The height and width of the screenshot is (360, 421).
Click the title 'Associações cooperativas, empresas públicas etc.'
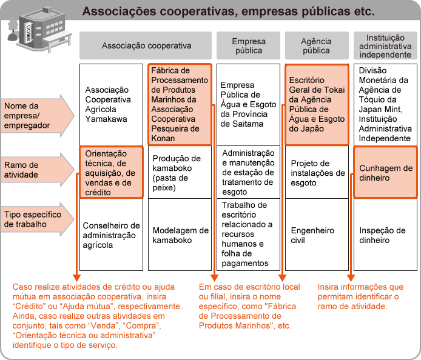(228, 11)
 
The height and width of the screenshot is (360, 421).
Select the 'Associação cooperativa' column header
(146, 45)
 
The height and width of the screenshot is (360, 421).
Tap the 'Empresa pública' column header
(248, 46)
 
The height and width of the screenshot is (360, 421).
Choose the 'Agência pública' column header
(316, 46)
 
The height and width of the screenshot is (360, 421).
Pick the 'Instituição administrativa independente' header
(385, 46)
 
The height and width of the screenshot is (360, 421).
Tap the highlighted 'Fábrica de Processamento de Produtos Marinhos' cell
(180, 104)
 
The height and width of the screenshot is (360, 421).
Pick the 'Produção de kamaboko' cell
(180, 172)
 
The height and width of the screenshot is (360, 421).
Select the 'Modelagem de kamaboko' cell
(180, 235)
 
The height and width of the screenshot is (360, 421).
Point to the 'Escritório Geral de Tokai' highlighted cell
(317, 104)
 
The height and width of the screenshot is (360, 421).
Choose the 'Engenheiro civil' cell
(317, 235)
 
